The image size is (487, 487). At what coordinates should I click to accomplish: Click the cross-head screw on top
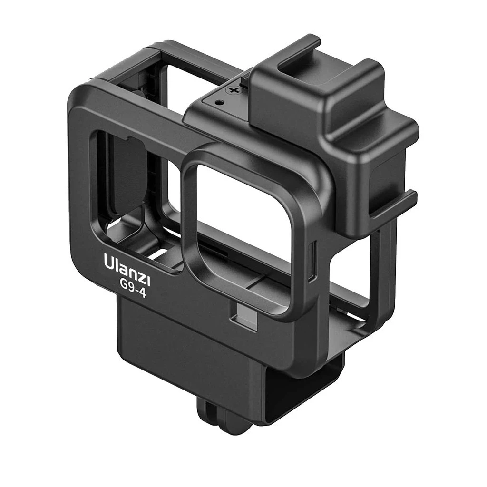pyautogui.click(x=233, y=90)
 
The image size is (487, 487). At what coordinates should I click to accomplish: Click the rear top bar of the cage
pyautogui.click(x=200, y=55)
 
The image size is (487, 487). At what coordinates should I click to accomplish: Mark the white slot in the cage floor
pyautogui.click(x=157, y=252)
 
